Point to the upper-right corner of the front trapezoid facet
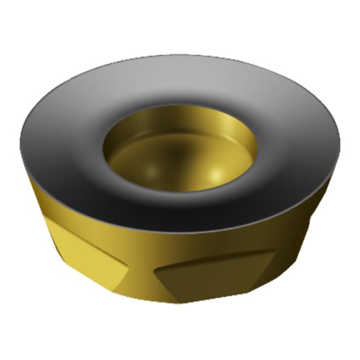(272, 252)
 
